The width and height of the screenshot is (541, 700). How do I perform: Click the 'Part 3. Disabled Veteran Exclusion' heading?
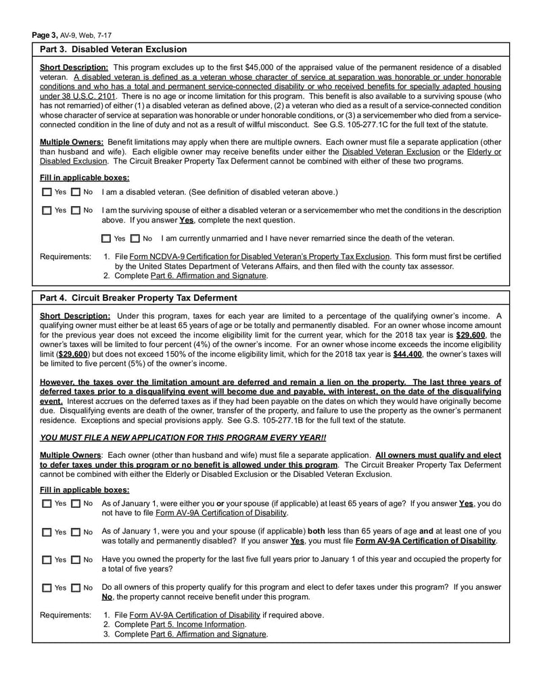114,49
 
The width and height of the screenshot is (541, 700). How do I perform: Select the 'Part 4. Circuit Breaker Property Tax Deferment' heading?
139,298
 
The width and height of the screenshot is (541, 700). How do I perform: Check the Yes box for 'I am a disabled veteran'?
46,193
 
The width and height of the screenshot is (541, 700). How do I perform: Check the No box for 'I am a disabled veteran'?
76,193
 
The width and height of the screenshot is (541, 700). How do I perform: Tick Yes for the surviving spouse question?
46,211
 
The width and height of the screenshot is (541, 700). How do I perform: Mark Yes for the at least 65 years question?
46,504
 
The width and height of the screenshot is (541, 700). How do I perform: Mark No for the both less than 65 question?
76,532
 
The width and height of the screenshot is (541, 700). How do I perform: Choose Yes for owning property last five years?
46,560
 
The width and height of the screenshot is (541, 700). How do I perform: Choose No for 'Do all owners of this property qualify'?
76,588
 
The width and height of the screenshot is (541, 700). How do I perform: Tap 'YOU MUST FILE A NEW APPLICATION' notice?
183,438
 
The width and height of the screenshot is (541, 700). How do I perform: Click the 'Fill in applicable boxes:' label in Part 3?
85,177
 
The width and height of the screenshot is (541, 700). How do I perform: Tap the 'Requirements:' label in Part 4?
65,615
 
